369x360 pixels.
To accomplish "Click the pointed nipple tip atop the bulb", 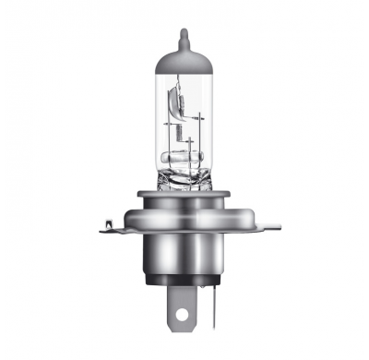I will pos(184,35).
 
